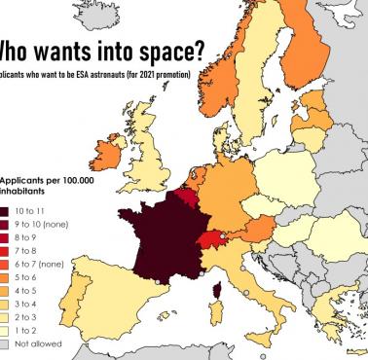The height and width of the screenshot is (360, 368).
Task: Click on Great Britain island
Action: [146, 146]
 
